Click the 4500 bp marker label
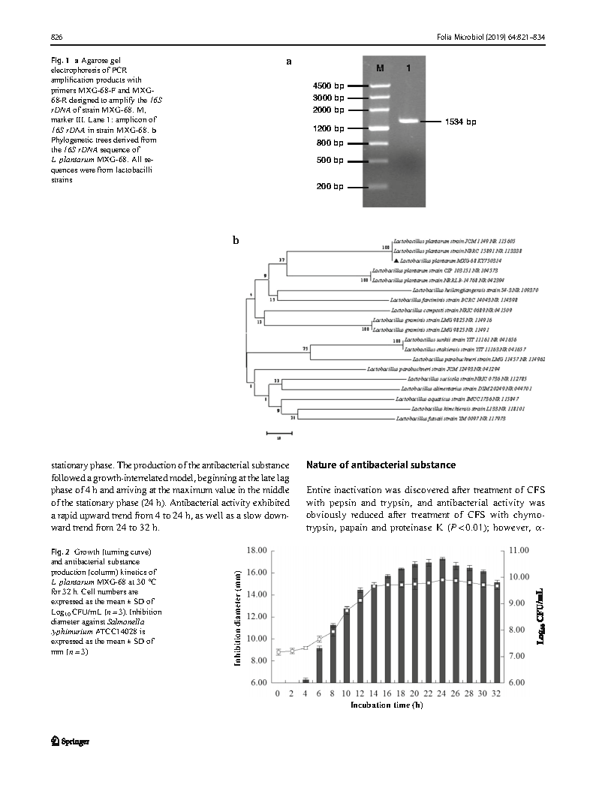click(x=328, y=86)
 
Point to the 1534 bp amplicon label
click(x=460, y=121)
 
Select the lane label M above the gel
click(x=380, y=68)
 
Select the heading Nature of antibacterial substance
click(x=381, y=465)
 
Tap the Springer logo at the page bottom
click(x=71, y=741)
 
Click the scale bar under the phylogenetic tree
click(x=278, y=433)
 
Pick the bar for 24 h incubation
click(x=443, y=621)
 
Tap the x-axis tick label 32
click(x=496, y=693)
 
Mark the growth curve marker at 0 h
click(x=278, y=652)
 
